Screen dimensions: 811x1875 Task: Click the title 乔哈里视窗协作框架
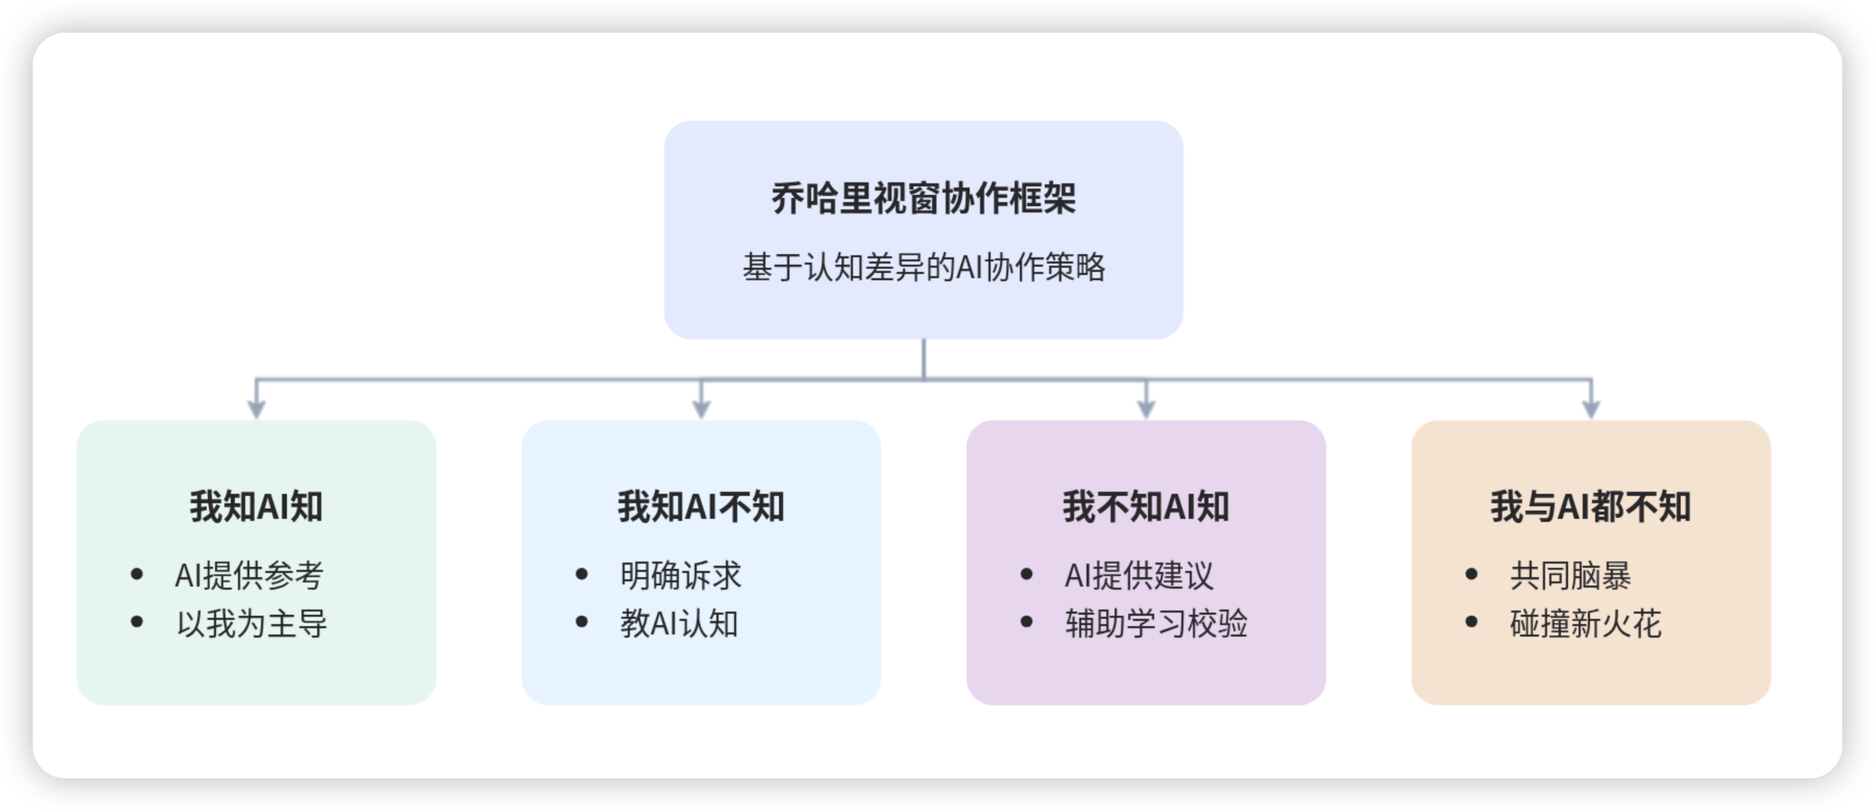point(923,199)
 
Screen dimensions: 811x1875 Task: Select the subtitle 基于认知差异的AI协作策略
point(923,268)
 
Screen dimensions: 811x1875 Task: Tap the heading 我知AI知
point(256,506)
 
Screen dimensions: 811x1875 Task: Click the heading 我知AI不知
point(701,506)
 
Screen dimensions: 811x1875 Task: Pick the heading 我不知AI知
point(1145,506)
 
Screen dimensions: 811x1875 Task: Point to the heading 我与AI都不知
point(1590,506)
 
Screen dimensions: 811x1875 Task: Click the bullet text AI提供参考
point(249,575)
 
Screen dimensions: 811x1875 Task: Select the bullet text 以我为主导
point(251,623)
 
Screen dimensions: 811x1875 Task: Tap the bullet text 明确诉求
point(681,575)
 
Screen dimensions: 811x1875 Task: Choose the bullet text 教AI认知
point(679,623)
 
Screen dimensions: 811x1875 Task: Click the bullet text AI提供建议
point(1139,575)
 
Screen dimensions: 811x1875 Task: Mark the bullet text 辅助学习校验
point(1156,623)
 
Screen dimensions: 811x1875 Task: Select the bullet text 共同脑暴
point(1570,575)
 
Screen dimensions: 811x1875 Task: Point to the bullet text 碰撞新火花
point(1585,623)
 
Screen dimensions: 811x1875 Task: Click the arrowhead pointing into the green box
point(257,409)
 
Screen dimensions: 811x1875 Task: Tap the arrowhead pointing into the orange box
point(1591,409)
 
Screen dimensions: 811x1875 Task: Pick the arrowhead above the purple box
point(1146,409)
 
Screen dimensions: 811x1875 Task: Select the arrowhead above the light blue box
point(701,409)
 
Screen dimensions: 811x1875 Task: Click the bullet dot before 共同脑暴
point(1471,574)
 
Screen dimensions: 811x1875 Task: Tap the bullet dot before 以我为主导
point(137,622)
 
